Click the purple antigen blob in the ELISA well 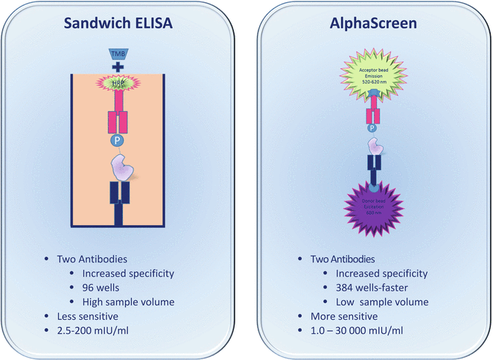121,167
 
